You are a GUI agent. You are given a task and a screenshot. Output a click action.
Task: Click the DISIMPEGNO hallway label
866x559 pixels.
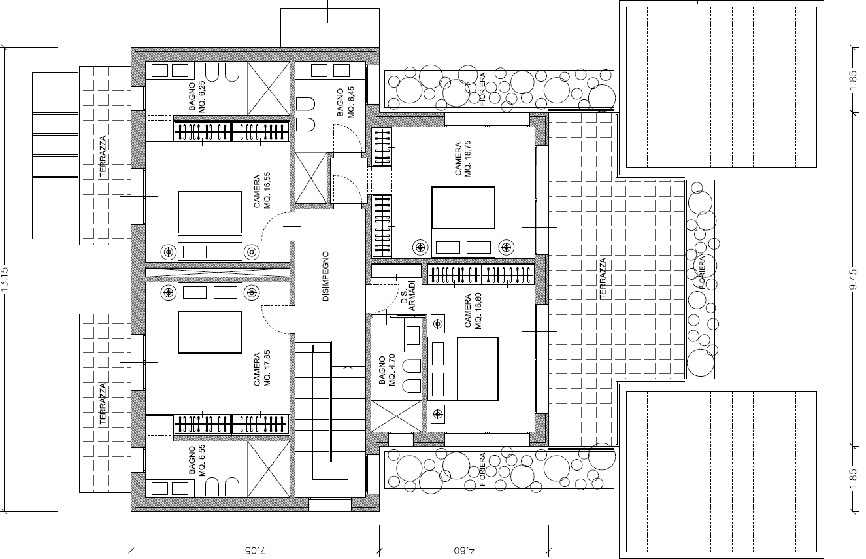[x=325, y=276]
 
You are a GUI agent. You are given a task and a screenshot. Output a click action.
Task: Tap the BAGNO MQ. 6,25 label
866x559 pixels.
[x=197, y=97]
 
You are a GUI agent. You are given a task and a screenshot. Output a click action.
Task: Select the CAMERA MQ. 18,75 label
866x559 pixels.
[x=463, y=159]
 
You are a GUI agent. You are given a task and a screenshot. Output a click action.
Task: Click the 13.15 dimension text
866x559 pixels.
[x=5, y=280]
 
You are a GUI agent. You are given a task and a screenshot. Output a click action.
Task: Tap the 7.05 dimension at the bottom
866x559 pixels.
[x=255, y=550]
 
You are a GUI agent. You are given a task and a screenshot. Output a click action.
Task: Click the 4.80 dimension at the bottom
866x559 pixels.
[x=463, y=550]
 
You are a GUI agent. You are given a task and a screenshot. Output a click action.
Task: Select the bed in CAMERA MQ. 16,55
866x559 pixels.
[x=210, y=226]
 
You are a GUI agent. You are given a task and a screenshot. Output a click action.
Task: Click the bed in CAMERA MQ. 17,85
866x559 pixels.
[x=210, y=318]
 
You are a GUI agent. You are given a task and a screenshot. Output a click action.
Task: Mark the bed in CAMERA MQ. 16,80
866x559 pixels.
[x=463, y=369]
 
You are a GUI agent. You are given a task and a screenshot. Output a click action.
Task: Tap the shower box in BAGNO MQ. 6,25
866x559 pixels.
[x=269, y=88]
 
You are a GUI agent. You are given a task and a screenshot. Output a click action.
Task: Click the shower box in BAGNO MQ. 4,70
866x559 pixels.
[x=396, y=416]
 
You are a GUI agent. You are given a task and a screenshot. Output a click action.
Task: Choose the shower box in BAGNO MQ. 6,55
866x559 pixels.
[x=269, y=469]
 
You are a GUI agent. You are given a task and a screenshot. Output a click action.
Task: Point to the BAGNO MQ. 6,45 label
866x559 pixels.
[x=346, y=103]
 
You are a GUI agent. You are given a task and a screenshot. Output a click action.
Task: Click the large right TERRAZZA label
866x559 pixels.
[x=603, y=279]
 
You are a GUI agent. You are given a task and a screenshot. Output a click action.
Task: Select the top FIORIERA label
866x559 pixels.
[x=482, y=89]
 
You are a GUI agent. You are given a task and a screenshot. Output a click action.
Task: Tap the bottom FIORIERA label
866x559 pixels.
[x=482, y=469]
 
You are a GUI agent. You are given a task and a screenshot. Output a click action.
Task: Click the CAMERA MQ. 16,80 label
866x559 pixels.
[x=473, y=311]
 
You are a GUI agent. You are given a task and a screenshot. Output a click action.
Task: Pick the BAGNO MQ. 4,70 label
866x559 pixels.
[x=387, y=370]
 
